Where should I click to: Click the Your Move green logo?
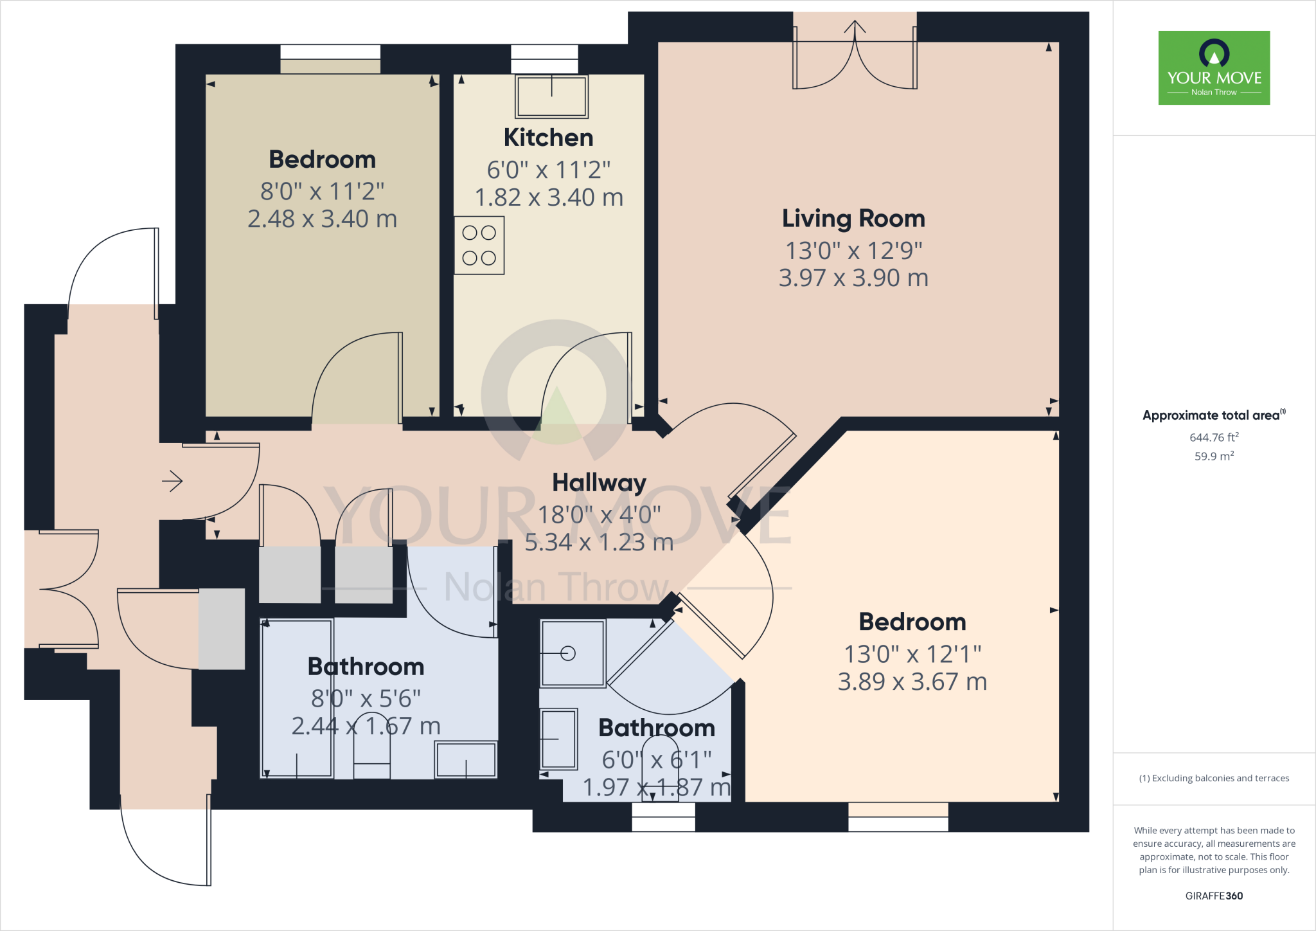1214,68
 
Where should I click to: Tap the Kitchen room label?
548,138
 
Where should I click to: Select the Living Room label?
853,219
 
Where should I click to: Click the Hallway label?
599,482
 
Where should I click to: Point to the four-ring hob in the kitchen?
479,246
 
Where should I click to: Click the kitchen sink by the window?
551,96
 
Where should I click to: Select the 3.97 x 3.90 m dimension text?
853,278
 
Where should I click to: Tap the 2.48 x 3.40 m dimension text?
322,219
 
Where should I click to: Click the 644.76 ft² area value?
1214,437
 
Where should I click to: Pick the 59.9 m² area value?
1214,456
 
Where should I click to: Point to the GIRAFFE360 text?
1214,896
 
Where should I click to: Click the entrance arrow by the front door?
172,481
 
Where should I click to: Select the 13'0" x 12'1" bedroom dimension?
912,655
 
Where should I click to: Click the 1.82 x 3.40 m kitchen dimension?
549,197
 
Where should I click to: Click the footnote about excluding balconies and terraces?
1214,778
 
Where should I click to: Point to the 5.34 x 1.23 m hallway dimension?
599,543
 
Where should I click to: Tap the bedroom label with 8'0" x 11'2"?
322,159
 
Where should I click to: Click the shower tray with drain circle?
573,653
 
